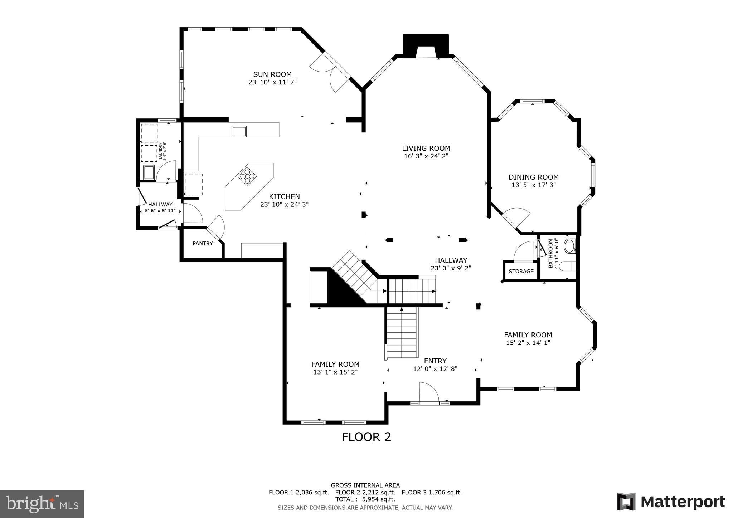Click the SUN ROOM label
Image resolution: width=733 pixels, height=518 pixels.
272,74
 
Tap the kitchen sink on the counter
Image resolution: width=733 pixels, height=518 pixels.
239,131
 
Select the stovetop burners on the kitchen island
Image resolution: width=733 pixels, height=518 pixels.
247,176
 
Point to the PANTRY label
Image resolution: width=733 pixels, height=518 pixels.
203,244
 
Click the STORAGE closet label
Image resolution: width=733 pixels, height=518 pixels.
521,271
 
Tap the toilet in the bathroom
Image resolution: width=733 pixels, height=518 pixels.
567,267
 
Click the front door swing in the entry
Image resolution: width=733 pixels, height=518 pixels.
429,393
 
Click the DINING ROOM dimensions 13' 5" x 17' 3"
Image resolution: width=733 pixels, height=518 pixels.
534,185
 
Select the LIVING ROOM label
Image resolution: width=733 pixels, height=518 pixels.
426,148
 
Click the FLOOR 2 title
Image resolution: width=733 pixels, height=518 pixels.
366,437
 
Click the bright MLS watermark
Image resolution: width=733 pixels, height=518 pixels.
42,504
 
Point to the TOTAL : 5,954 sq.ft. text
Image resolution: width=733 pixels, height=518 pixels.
365,499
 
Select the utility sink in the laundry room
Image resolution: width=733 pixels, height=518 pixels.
149,172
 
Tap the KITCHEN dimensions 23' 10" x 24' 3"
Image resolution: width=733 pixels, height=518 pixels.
284,205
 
